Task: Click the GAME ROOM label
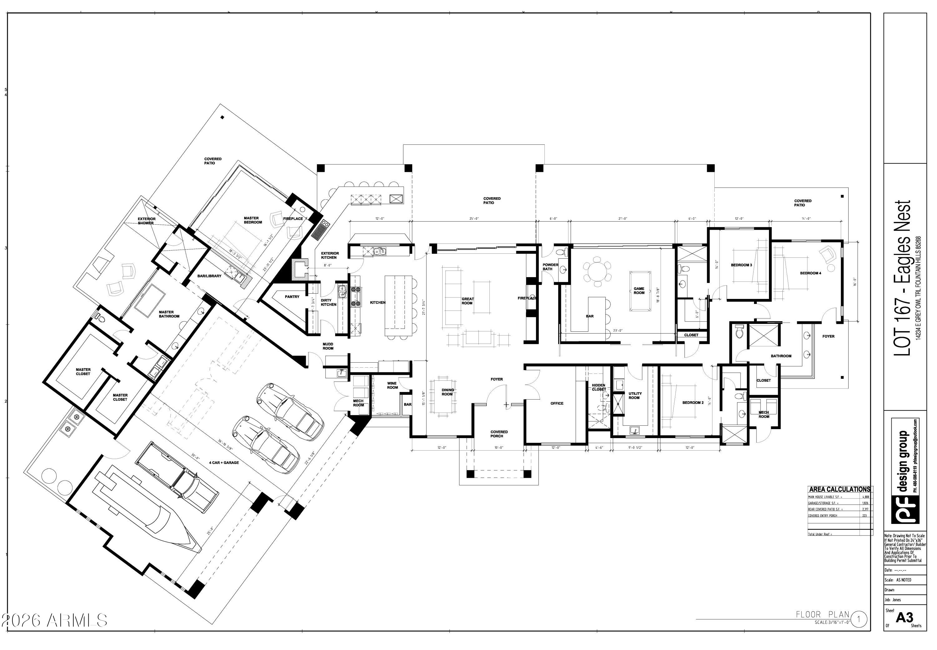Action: pos(639,291)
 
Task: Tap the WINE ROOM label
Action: pos(392,385)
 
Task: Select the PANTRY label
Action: pos(292,297)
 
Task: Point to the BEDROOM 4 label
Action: pos(810,273)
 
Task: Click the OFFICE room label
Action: pos(557,403)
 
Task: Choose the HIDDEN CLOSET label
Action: pos(598,387)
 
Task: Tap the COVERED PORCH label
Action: pos(499,434)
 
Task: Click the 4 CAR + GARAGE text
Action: pos(224,463)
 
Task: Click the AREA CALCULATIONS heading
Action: pos(839,489)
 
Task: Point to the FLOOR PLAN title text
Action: pos(822,614)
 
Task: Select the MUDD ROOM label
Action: pos(328,346)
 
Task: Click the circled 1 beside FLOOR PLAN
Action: pos(858,620)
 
